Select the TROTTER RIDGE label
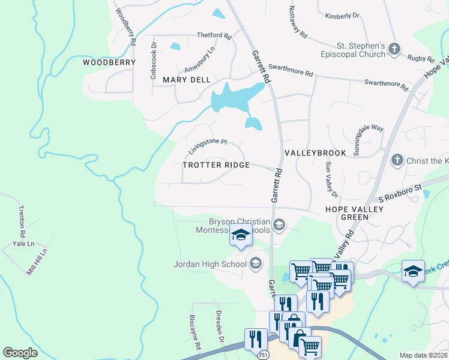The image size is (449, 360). point(215,165)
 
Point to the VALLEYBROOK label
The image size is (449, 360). point(315,153)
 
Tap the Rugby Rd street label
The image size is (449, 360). point(421,58)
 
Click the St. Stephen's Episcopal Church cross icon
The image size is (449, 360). point(394,49)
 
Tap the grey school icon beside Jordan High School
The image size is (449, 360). point(255,263)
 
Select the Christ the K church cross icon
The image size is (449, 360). point(396,160)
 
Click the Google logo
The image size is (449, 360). point(20,352)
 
